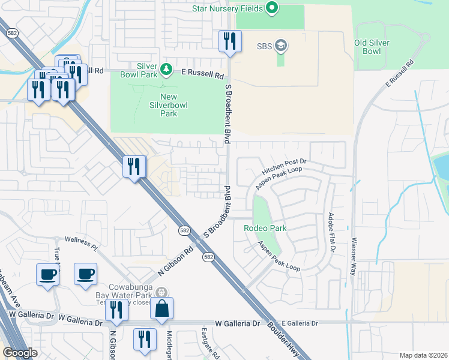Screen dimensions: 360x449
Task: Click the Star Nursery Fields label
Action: (229, 8)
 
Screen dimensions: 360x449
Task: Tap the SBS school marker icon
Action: (281, 46)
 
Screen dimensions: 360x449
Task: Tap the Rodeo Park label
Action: (265, 228)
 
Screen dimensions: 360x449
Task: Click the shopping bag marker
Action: (161, 310)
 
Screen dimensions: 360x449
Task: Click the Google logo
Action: (19, 353)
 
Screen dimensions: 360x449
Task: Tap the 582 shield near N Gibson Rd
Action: (184, 230)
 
